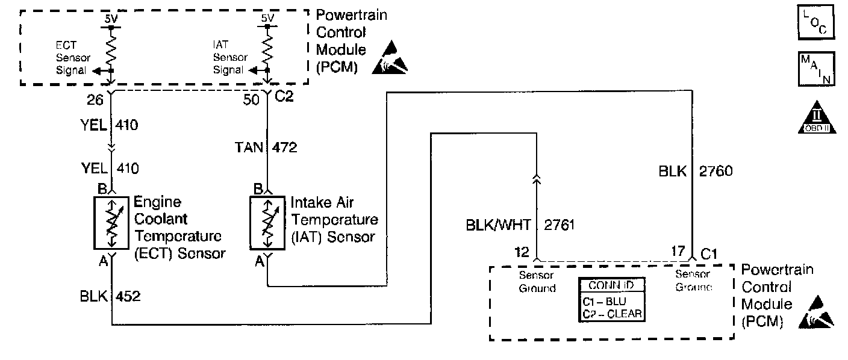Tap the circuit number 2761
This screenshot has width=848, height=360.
coord(560,226)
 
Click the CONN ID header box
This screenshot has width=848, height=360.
coord(610,285)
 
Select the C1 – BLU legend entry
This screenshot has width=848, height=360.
coord(605,300)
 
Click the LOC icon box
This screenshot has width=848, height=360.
coord(816,22)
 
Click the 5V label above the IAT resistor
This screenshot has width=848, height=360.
coord(267,18)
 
